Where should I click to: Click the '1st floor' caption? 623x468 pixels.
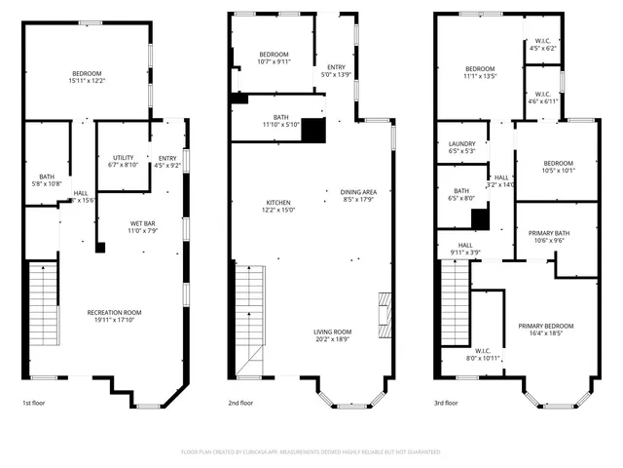[33, 403]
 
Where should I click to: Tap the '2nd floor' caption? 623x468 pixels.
[240, 403]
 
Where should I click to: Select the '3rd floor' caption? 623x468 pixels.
[446, 403]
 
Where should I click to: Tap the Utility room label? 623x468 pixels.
[124, 157]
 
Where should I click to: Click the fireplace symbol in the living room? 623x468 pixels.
[385, 315]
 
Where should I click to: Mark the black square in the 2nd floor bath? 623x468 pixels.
[313, 130]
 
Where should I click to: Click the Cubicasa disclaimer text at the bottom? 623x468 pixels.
[311, 452]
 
